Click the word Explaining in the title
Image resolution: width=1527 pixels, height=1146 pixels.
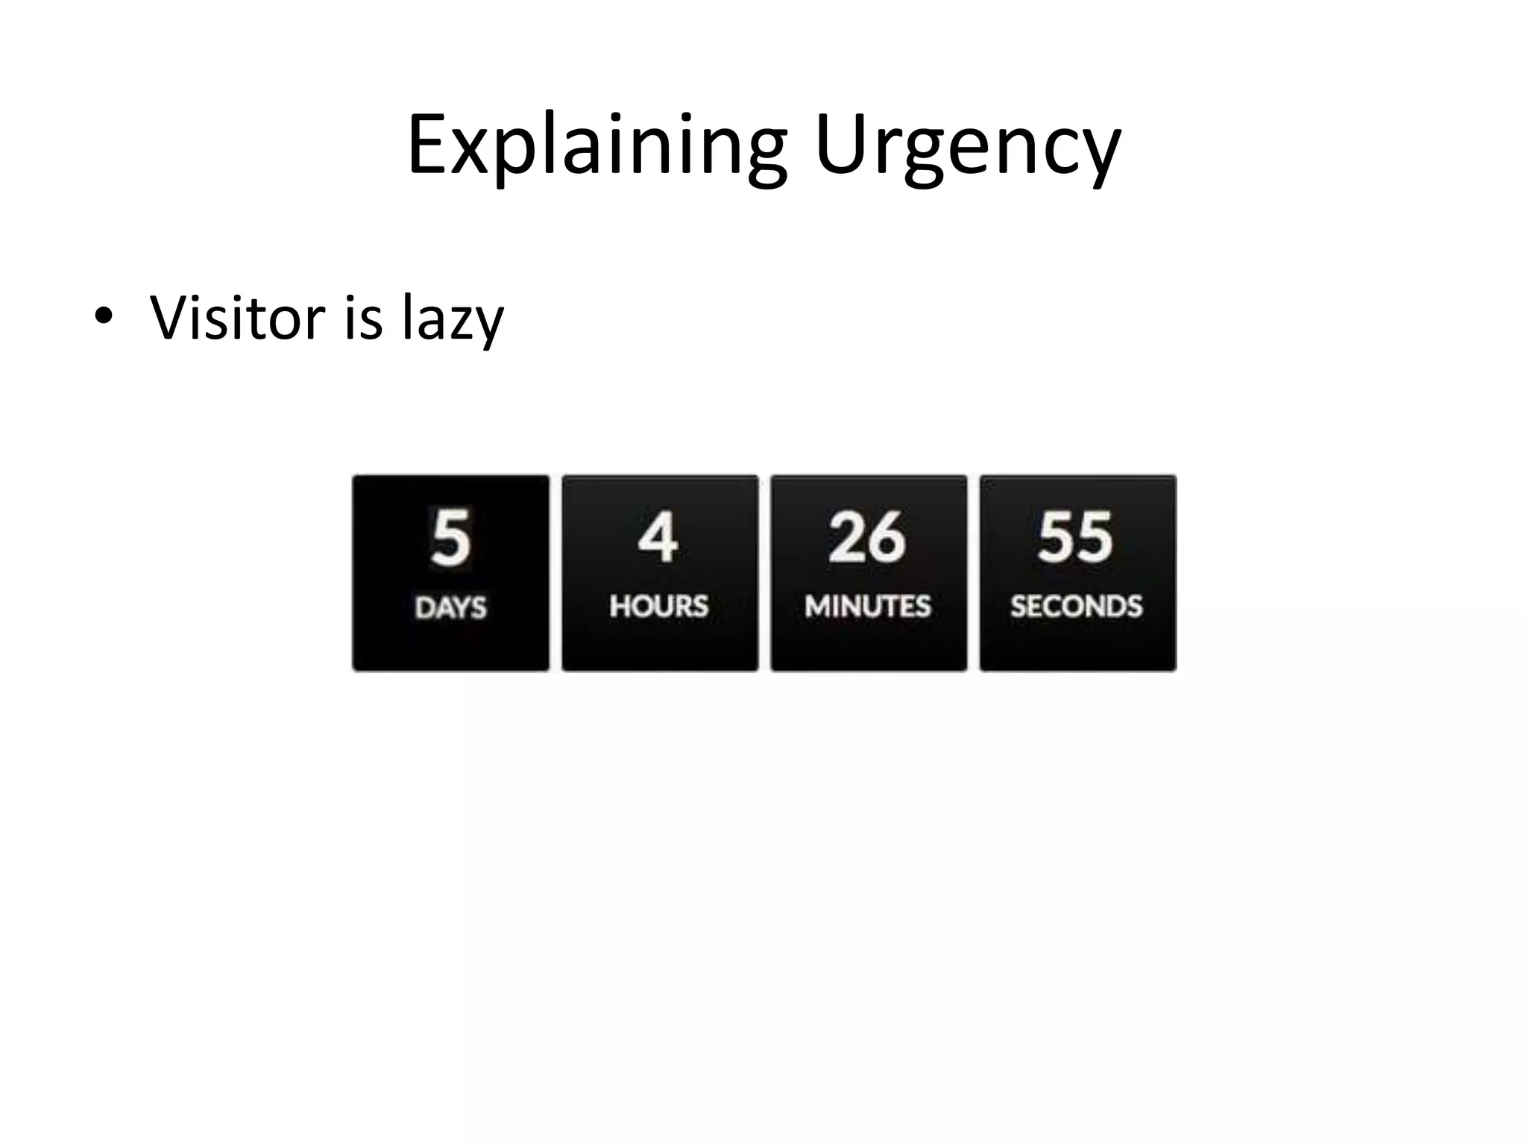point(596,145)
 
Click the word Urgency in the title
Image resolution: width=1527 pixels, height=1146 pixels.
point(967,145)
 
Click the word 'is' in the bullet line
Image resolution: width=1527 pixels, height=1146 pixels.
point(364,318)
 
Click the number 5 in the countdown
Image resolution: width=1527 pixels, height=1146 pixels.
point(450,537)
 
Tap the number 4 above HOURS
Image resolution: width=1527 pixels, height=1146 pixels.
point(658,537)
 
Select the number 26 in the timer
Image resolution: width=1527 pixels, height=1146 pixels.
point(867,537)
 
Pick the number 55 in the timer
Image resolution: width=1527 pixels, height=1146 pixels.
point(1076,537)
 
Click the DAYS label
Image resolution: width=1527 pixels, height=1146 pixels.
point(450,607)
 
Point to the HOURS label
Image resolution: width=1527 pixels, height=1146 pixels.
point(659,606)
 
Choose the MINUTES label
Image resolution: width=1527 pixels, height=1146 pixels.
point(868,606)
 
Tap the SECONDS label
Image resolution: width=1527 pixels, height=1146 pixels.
point(1077,606)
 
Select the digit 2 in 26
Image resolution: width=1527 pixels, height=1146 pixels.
point(848,537)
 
